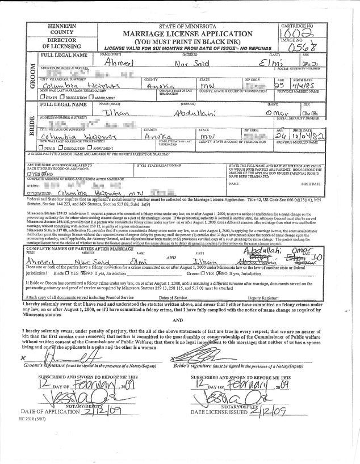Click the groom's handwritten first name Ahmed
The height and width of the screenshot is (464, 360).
click(x=125, y=64)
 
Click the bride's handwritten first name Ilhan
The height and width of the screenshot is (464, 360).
click(x=122, y=113)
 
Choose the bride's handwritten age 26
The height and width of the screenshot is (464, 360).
click(x=281, y=137)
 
